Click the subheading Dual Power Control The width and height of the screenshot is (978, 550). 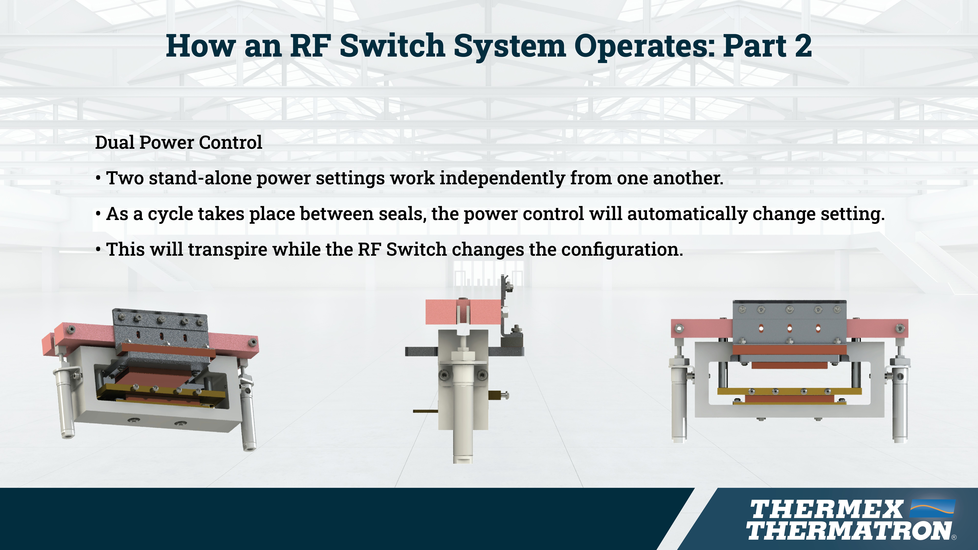pos(178,142)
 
